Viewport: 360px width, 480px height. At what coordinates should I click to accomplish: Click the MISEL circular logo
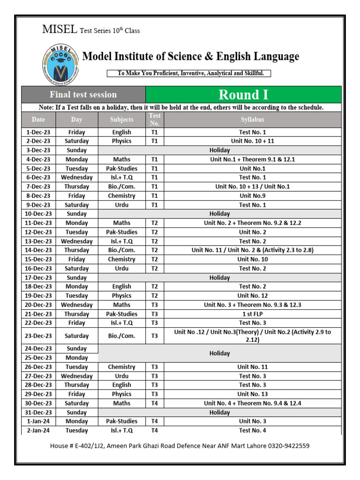click(x=59, y=64)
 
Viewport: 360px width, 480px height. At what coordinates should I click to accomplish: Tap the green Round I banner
click(x=243, y=95)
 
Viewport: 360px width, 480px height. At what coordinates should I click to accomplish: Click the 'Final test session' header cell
click(x=83, y=95)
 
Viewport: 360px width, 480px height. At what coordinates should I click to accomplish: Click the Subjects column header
click(x=121, y=120)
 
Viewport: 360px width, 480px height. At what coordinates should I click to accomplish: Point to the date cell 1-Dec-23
click(x=38, y=132)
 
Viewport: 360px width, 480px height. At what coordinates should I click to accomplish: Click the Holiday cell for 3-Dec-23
click(x=219, y=150)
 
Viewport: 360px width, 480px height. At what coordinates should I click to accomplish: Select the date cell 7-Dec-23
click(x=38, y=187)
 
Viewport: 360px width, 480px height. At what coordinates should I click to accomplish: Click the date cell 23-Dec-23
click(x=38, y=336)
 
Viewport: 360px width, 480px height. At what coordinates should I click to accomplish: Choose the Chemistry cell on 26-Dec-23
click(x=121, y=367)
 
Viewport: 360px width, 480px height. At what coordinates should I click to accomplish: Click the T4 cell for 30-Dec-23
click(x=154, y=403)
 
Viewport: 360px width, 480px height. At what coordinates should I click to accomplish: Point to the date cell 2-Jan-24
click(x=38, y=430)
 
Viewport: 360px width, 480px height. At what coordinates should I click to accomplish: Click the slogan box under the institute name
click(x=189, y=73)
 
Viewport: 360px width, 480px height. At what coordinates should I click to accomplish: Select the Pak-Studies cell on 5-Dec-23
click(x=121, y=168)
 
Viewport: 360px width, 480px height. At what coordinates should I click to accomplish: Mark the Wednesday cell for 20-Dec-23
click(x=76, y=305)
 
